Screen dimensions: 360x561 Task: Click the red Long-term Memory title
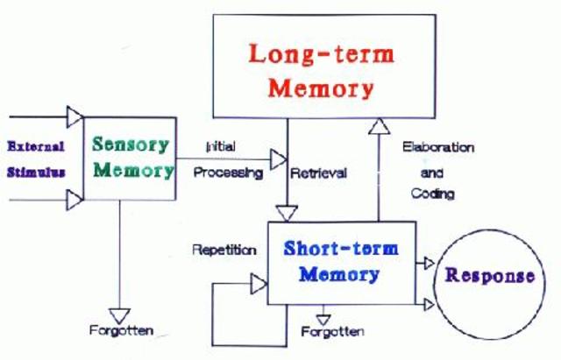(321, 70)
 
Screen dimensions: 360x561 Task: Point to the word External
(35, 146)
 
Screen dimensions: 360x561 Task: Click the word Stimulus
(36, 173)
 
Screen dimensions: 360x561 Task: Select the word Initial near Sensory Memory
(219, 145)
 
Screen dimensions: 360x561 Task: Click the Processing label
(228, 173)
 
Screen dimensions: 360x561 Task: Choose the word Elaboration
(438, 147)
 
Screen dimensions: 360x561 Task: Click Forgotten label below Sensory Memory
(121, 330)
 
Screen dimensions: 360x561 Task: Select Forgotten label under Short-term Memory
(332, 332)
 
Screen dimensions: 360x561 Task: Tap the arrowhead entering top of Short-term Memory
(287, 213)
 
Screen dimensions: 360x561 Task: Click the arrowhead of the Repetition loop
(259, 284)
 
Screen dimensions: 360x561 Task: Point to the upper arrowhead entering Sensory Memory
(75, 116)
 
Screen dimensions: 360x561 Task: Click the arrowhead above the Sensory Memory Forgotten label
(121, 313)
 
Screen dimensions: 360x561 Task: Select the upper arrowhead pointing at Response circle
(428, 263)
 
